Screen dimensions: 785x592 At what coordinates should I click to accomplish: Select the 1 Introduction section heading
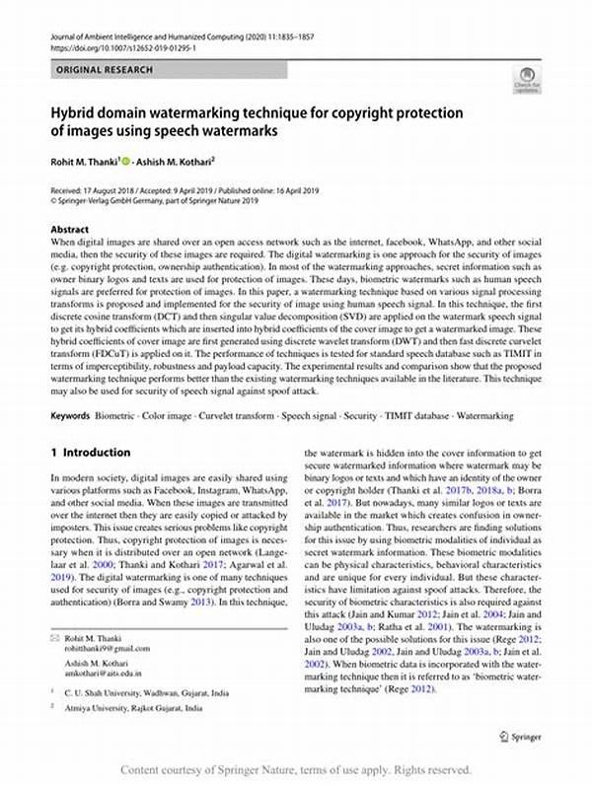pyautogui.click(x=90, y=453)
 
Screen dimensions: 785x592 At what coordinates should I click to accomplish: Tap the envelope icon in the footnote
pyautogui.click(x=54, y=611)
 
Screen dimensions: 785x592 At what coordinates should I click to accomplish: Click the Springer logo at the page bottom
pyautogui.click(x=522, y=736)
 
